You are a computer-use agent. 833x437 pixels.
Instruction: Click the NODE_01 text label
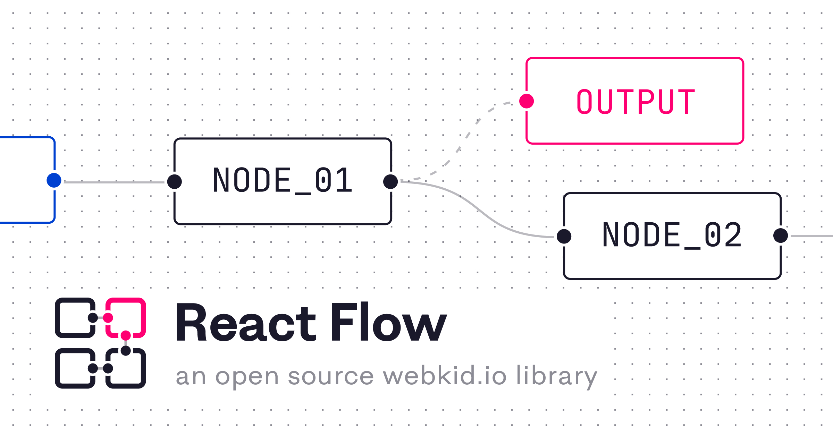coord(283,180)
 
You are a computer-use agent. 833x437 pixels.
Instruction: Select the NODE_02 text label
coord(672,235)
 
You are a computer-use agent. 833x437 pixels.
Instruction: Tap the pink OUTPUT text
coord(636,101)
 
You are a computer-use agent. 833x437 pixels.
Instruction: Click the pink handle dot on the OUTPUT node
coord(527,101)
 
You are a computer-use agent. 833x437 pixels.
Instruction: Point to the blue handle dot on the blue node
coord(54,180)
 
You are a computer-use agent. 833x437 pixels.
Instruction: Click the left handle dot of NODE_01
coord(174,181)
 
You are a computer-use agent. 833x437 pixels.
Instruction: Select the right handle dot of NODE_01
coord(390,181)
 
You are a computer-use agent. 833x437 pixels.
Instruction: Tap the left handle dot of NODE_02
coord(564,236)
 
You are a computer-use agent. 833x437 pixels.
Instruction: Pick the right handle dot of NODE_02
coord(781,236)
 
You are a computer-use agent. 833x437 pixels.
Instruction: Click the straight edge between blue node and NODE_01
coord(115,182)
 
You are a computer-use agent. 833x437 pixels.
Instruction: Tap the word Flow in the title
coord(389,323)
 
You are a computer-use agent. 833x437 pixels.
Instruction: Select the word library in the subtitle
coord(557,377)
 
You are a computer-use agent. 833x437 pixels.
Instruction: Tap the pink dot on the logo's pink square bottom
coord(126,335)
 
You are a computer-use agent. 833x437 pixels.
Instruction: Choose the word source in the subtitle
coord(331,377)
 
